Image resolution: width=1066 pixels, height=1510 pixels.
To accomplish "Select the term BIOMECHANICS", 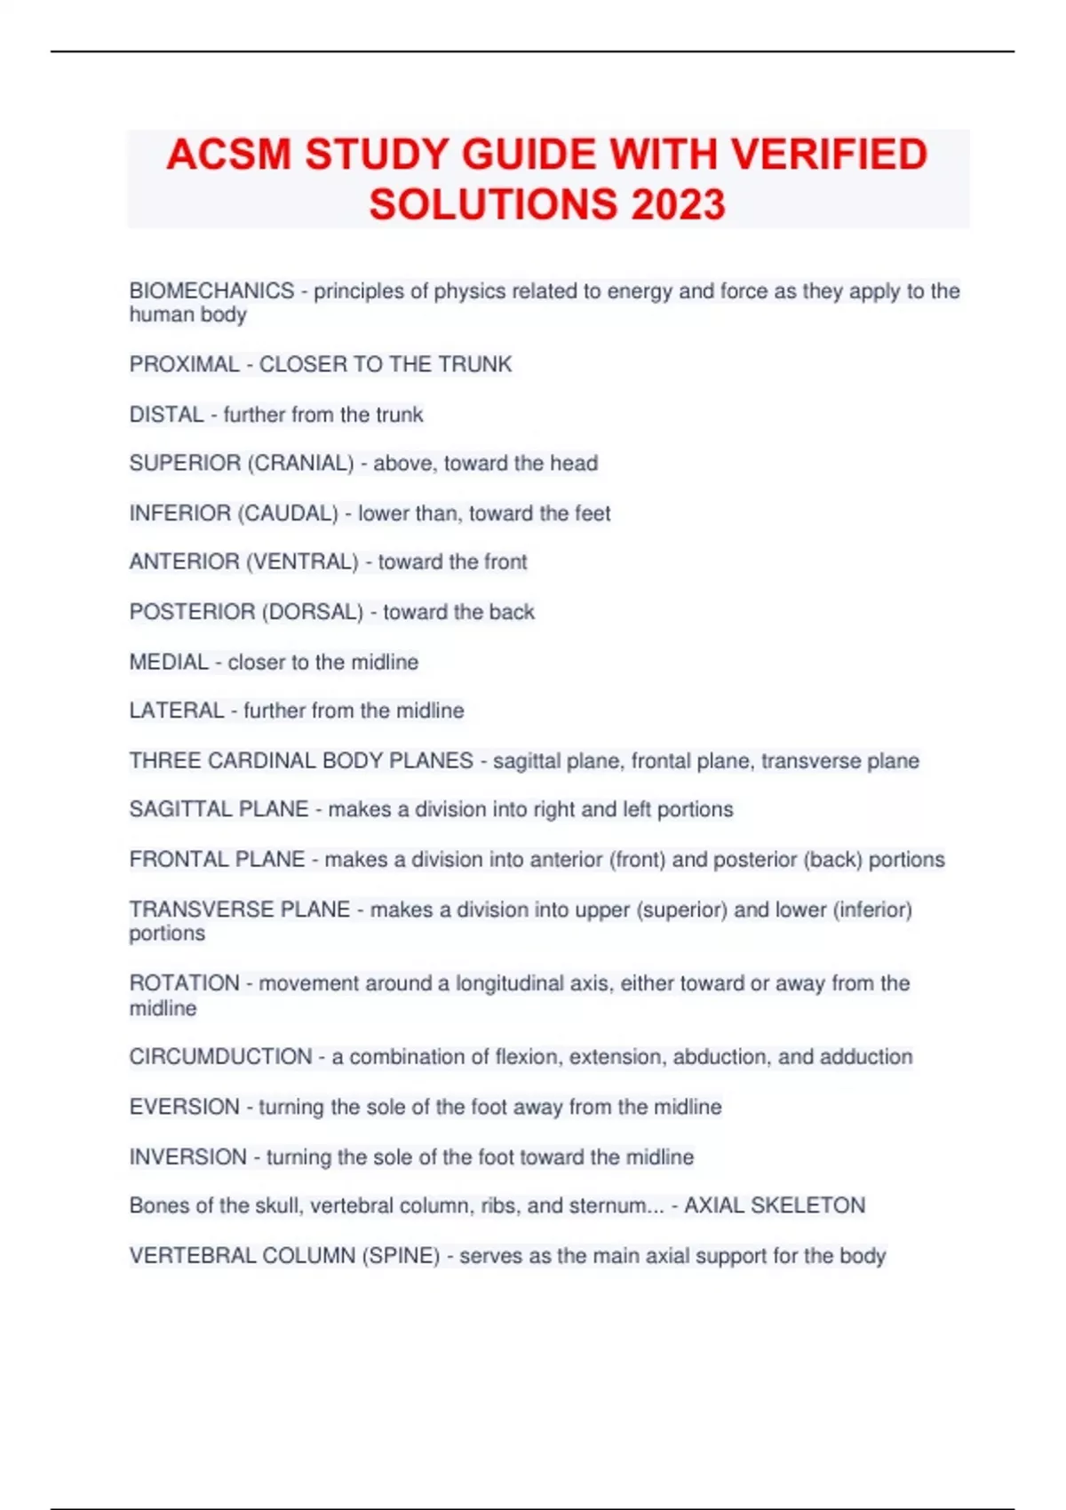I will pos(211,290).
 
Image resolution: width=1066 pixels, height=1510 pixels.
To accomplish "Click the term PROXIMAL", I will pos(184,364).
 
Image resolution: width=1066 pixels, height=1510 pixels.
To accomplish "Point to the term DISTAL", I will pos(167,415).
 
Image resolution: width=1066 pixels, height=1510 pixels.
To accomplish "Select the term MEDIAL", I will pos(169,662).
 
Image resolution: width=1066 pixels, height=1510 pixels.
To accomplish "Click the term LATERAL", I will pos(177,711).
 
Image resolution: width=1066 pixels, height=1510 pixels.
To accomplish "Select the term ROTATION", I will pos(184,983).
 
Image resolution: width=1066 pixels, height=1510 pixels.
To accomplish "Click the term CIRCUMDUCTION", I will pos(220,1056).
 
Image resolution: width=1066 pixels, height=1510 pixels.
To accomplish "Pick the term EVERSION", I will pos(184,1107).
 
